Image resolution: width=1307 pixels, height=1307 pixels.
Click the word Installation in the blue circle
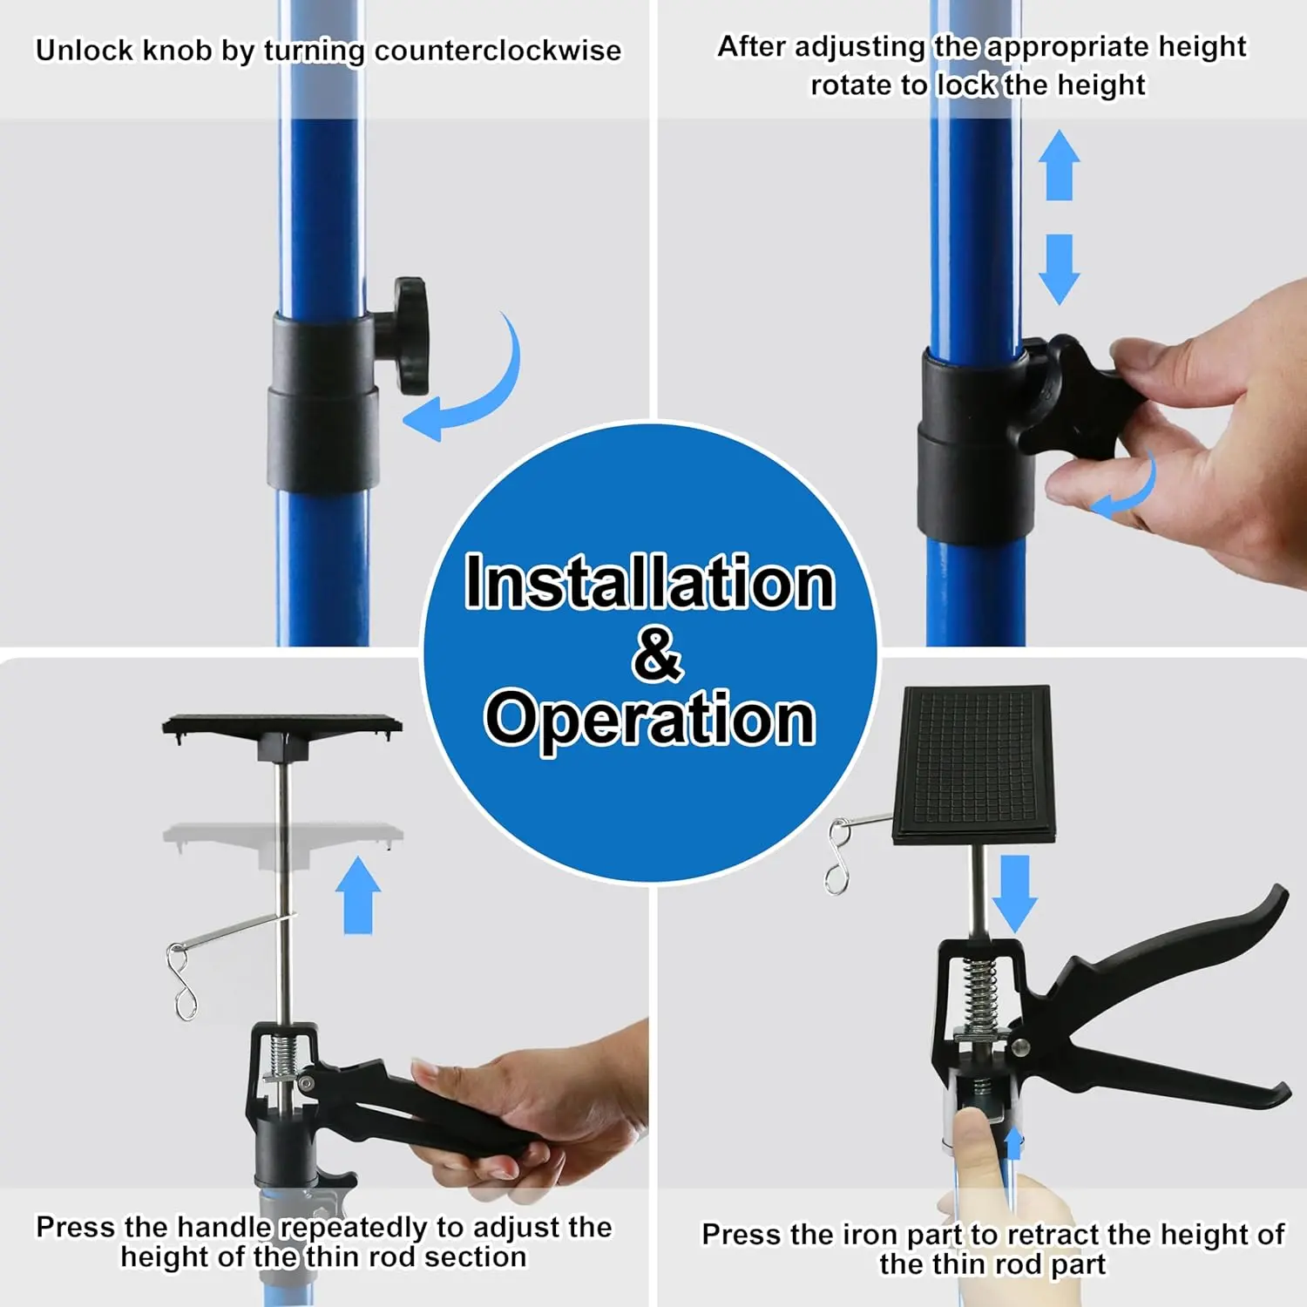point(650,581)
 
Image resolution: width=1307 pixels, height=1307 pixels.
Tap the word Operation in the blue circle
point(650,719)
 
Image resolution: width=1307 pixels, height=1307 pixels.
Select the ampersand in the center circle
point(658,653)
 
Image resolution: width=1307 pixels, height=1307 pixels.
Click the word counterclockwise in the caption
point(498,51)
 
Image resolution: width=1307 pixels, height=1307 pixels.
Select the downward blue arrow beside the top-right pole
point(1059,269)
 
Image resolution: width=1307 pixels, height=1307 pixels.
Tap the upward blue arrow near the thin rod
point(358,895)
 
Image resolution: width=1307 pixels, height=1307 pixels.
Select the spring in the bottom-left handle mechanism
point(281,1056)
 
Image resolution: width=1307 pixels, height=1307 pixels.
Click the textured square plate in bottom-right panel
point(973,765)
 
